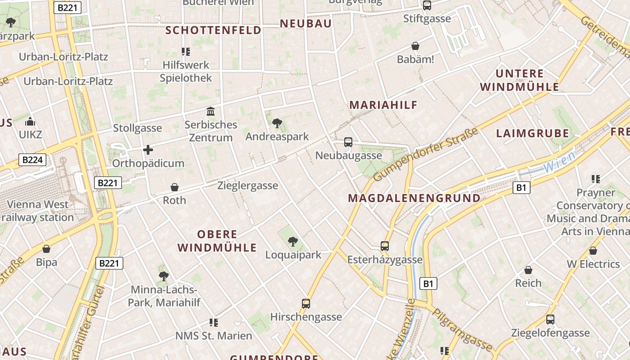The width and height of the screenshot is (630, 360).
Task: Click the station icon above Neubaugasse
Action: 348,142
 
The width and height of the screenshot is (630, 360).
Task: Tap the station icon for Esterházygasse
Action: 385,246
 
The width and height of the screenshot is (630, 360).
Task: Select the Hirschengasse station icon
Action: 306,303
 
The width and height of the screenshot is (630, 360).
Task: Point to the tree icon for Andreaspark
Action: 277,123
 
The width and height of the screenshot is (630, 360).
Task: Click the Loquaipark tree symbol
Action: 293,242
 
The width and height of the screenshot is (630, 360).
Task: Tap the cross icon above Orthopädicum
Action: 148,150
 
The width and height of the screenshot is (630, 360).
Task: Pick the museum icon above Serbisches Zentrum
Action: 211,111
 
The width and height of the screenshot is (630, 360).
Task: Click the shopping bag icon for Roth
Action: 175,187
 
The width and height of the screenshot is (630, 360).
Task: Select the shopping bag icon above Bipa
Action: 46,249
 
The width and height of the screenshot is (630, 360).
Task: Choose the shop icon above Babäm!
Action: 415,46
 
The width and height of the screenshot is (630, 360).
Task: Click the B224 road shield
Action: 32,159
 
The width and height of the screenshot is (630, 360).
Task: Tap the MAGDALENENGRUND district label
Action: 414,198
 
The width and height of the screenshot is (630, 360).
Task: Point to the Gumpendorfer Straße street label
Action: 425,154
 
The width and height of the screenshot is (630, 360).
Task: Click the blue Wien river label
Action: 559,162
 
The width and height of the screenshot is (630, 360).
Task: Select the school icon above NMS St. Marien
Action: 214,322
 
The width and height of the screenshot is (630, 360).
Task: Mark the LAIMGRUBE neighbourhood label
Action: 532,133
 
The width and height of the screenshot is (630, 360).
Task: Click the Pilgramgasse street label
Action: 463,329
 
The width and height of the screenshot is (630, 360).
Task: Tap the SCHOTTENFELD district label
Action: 213,30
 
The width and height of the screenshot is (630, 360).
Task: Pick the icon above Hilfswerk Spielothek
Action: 186,52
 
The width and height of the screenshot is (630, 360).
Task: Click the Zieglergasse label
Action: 247,185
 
